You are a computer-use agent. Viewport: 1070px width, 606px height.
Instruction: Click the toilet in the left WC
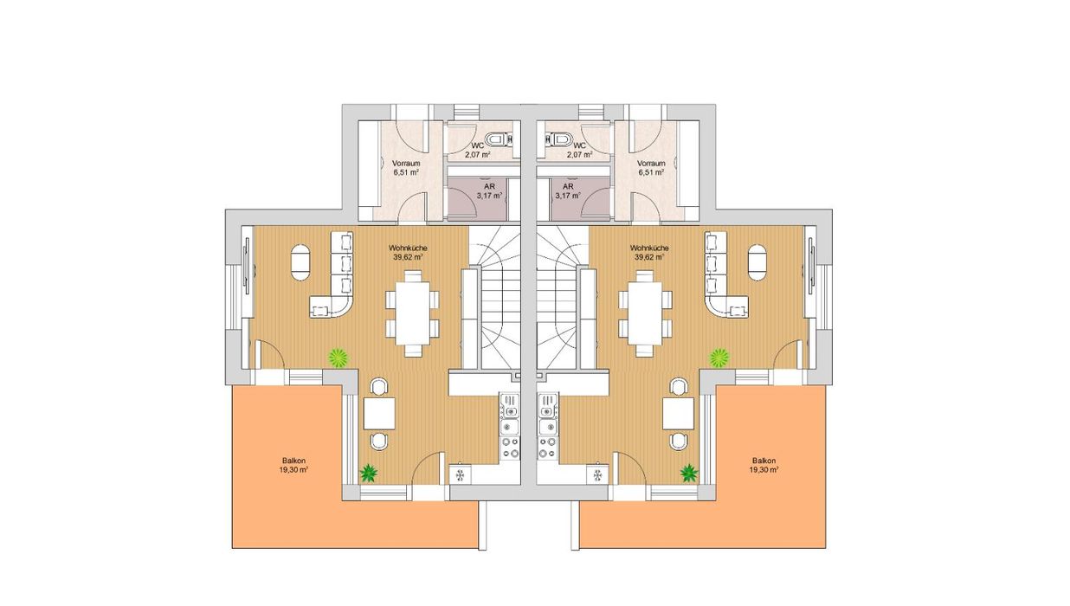tap(496, 139)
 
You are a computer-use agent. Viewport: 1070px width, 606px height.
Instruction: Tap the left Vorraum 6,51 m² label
tap(406, 168)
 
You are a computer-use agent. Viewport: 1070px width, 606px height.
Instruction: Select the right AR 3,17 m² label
tap(568, 191)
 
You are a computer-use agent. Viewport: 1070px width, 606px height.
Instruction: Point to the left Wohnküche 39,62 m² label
tap(408, 252)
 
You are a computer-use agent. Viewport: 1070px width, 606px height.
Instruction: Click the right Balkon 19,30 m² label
tap(764, 465)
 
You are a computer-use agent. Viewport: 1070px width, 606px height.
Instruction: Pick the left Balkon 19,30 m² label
tap(293, 465)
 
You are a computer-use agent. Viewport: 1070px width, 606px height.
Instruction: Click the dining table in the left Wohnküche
tap(413, 313)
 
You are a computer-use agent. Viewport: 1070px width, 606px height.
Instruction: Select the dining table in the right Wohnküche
tap(645, 313)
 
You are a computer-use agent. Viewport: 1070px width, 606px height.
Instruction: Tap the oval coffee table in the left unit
tap(300, 262)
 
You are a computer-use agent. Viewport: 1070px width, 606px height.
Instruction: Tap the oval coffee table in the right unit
tap(757, 262)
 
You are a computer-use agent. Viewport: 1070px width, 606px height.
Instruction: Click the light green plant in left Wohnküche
tap(338, 358)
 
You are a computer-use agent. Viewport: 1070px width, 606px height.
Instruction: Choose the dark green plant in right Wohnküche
tap(689, 473)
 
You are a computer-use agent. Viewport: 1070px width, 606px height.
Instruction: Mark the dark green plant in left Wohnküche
tap(368, 473)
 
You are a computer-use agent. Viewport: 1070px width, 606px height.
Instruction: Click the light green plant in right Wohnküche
tap(719, 358)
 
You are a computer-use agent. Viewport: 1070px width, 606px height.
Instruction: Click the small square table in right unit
tap(679, 413)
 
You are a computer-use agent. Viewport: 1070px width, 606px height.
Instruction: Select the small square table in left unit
tap(379, 413)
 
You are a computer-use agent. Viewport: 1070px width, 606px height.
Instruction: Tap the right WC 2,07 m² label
tap(580, 150)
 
